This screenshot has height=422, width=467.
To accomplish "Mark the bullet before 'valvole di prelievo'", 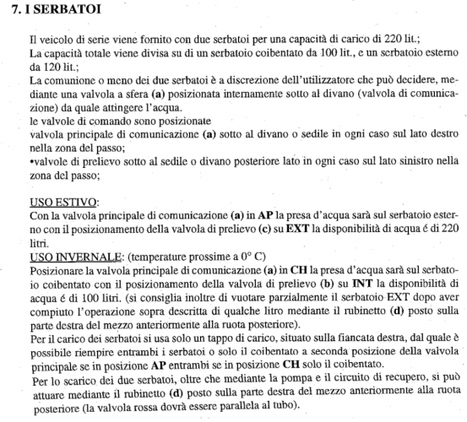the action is (30, 163).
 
